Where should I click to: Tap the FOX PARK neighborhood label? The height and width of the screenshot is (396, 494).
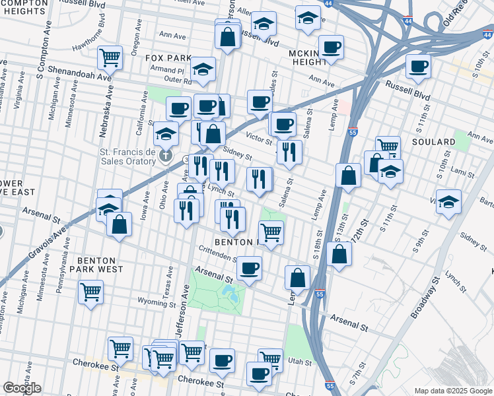click(168, 58)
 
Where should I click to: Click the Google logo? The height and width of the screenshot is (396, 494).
click(22, 387)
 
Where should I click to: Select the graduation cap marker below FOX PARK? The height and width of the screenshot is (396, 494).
click(203, 69)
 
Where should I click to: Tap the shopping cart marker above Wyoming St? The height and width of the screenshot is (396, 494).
click(90, 291)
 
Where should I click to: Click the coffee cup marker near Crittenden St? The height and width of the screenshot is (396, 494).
click(249, 268)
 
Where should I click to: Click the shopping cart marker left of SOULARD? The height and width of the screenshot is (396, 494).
click(388, 147)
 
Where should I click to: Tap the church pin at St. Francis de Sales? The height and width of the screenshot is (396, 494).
click(166, 157)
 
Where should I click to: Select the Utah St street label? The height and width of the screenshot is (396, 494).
click(299, 362)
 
